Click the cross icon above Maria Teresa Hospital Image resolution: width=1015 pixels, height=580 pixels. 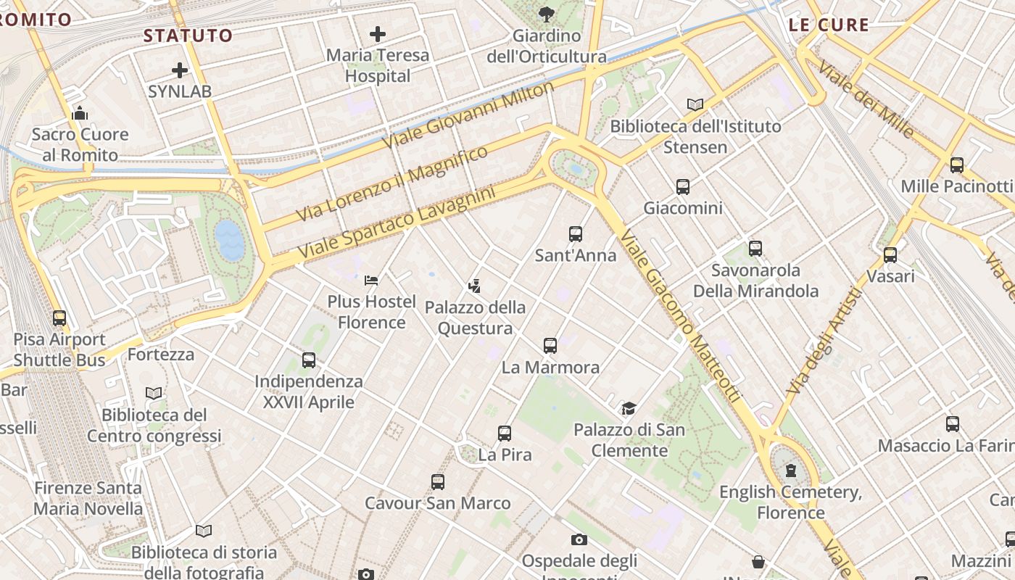pos(377,33)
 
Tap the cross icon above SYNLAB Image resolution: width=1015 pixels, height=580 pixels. pos(180,70)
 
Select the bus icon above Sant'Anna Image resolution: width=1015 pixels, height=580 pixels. pos(576,234)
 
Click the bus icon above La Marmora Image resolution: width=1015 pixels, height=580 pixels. pos(550,346)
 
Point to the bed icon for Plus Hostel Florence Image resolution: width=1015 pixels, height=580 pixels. pos(371,280)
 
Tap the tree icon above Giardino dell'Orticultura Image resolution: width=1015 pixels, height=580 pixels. pos(546,14)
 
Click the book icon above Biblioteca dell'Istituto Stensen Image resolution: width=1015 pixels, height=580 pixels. pos(695,105)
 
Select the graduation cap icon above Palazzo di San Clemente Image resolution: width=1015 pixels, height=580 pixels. pos(629,409)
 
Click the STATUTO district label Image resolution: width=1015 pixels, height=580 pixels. pos(188,36)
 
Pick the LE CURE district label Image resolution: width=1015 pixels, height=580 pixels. pos(829,25)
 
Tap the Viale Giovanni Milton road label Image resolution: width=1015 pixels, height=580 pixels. pos(468,115)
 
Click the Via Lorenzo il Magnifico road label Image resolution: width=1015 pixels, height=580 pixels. pos(392,183)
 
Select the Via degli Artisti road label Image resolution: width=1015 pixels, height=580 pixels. pos(825,341)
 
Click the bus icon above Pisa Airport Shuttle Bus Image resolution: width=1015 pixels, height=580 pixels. pos(59,318)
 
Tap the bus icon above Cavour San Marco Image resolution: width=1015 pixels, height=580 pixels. pos(438,482)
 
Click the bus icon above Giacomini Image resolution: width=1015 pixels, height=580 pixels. pos(683,187)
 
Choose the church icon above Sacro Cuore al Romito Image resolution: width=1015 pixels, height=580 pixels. pos(80,113)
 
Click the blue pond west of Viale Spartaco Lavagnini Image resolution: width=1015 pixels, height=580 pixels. pos(230,241)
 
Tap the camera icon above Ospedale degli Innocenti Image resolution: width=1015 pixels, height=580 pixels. pos(579,539)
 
